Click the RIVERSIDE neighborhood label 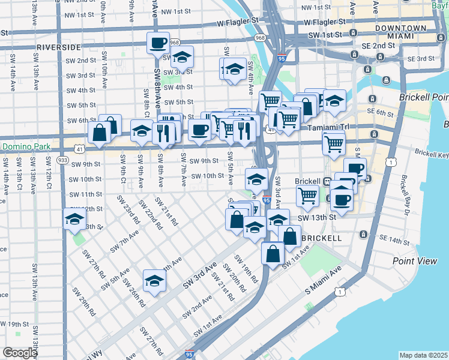[59, 47]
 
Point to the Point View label [415, 260]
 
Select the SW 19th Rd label [246, 271]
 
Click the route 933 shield [62, 160]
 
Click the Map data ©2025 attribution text [423, 355]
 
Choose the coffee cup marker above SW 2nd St [158, 43]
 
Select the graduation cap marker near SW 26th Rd [154, 281]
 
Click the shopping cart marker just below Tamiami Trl [334, 143]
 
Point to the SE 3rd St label [420, 59]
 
